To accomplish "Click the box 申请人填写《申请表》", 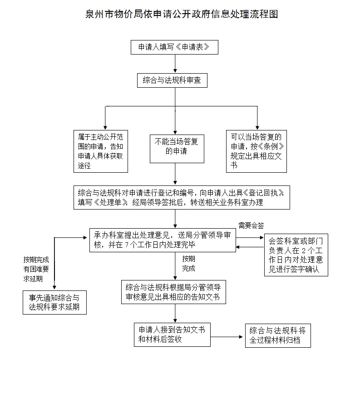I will point(175,47).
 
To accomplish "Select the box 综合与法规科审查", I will point(172,80).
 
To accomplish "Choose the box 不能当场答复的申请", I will point(175,147).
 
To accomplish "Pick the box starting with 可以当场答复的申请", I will point(256,150).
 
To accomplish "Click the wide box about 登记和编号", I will point(182,197).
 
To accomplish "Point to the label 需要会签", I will point(251,225).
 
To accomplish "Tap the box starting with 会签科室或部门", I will point(296,255).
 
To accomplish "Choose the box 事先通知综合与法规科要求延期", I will point(54,302).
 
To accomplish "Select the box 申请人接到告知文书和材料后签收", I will point(172,335).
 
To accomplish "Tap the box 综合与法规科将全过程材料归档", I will point(278,335).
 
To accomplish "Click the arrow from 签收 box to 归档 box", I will point(227,337).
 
